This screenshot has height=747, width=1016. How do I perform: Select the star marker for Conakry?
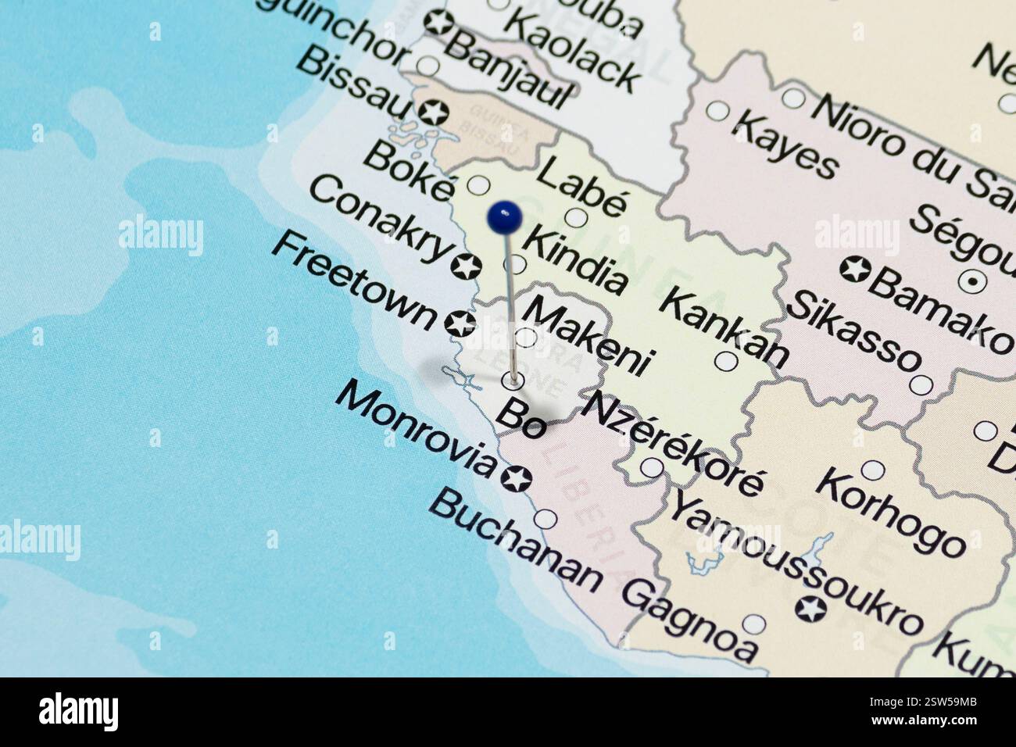[x=466, y=266]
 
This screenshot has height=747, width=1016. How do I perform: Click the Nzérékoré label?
[x=671, y=442]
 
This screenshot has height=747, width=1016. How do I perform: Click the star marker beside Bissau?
[x=433, y=113]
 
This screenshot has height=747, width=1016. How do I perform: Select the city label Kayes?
[x=786, y=144]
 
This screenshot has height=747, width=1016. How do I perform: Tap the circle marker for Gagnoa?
[x=754, y=624]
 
